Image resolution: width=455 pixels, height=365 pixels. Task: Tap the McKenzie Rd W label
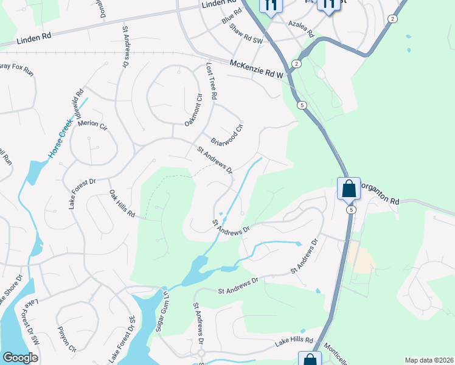[257, 69]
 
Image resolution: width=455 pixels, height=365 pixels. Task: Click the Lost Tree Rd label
[211, 82]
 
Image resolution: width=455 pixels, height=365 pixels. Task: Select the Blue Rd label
[228, 24]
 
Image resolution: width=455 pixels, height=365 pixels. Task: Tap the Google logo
[21, 358]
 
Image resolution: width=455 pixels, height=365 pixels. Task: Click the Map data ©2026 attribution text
[429, 360]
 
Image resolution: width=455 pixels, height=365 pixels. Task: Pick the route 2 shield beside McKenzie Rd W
[296, 63]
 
